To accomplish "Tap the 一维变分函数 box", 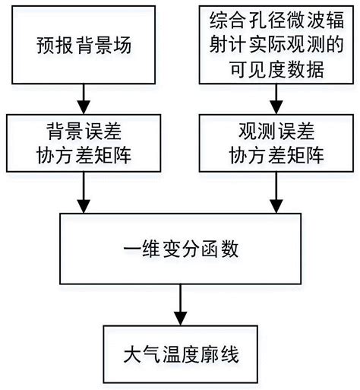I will (x=179, y=249).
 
